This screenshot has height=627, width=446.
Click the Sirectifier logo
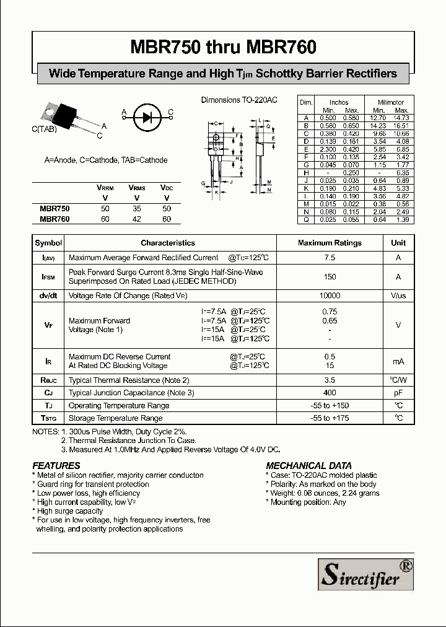pos(365,572)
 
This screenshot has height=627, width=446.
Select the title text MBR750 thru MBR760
pos(223,47)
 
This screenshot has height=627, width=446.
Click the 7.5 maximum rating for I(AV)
pos(330,258)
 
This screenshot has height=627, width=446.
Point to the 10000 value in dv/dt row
pos(330,296)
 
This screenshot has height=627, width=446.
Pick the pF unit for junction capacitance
pos(398,393)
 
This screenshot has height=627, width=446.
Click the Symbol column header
pos(48,243)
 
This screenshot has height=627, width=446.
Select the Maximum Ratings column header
pos(330,243)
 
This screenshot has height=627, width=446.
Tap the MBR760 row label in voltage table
pos(55,219)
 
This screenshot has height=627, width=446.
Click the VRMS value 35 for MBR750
pos(136,209)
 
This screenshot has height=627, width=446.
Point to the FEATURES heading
pos(56,465)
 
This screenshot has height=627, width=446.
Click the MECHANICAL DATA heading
pos(308,465)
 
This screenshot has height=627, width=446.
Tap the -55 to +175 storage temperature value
pos(330,418)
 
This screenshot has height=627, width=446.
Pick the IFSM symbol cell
pos(48,277)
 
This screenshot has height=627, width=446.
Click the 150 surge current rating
pos(330,277)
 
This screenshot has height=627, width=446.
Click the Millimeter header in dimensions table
pos(391,102)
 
